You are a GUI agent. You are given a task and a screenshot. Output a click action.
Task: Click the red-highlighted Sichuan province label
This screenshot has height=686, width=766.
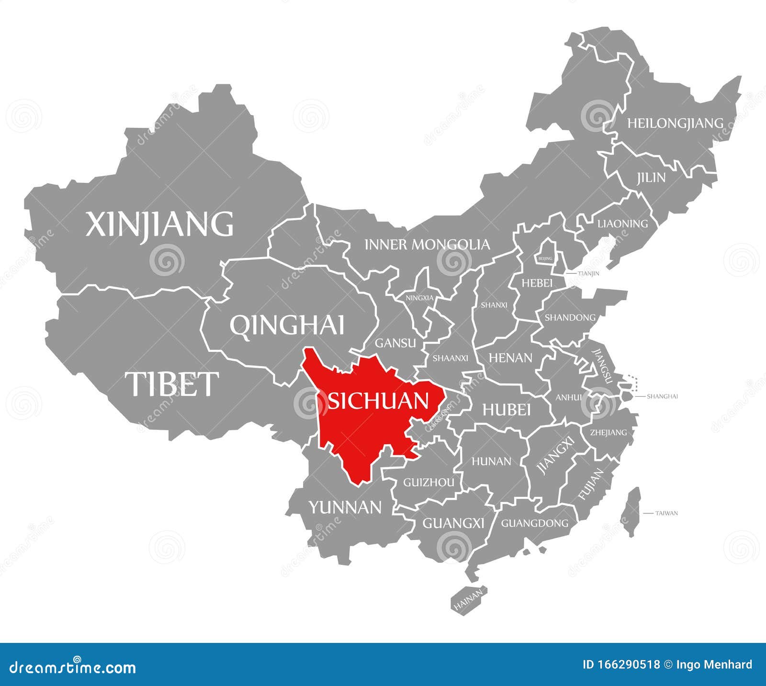coord(378,401)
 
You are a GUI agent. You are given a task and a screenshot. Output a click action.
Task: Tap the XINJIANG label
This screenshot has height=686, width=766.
coord(160,224)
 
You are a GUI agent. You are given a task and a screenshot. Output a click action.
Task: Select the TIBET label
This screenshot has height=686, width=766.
coord(171,384)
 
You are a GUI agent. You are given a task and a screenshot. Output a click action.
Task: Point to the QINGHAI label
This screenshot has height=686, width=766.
coord(287,326)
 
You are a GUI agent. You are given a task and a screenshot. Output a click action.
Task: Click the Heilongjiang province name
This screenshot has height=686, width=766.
coord(675,124)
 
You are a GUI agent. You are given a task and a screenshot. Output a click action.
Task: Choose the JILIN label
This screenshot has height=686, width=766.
coord(651,178)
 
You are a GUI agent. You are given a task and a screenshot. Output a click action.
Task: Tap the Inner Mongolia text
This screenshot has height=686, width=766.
coord(427,245)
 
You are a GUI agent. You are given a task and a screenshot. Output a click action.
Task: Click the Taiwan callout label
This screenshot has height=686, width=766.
coord(666,513)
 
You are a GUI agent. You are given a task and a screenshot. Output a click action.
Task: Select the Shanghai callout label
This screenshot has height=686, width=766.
coord(662,396)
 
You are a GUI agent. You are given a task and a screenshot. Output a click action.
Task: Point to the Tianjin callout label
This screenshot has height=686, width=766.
coord(588,274)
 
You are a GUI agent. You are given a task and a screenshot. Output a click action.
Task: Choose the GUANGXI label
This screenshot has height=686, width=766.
coord(453,523)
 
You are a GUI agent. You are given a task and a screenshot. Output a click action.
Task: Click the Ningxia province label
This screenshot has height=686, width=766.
coord(419,298)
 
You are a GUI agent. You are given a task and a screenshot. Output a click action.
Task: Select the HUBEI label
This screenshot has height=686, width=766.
coord(507,410)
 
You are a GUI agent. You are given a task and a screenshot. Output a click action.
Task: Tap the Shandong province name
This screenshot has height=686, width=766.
coord(570,317)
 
